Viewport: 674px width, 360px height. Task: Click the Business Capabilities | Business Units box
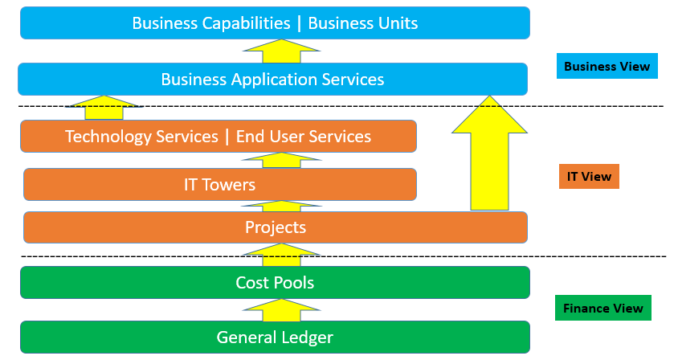[275, 22]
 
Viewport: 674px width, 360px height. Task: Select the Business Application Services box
[272, 79]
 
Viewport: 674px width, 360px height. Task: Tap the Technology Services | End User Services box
[219, 137]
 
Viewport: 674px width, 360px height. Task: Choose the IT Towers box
[220, 185]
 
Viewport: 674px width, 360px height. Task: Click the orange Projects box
[276, 227]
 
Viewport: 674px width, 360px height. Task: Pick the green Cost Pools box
[275, 283]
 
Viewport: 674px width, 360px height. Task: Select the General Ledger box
[275, 337]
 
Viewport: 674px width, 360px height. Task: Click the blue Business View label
[607, 66]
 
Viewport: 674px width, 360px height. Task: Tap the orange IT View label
[589, 176]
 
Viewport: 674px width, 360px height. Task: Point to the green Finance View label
[603, 308]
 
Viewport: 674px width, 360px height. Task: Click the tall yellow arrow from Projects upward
[489, 153]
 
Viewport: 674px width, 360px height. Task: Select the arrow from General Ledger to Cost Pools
[281, 310]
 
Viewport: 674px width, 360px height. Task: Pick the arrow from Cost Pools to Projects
[281, 255]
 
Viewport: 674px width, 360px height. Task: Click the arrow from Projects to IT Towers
[281, 206]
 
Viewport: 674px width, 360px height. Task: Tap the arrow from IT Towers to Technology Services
[281, 160]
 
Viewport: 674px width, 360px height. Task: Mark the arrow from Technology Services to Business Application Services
[104, 108]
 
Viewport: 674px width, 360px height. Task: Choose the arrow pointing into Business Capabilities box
[281, 51]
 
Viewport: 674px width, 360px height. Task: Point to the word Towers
[229, 185]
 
